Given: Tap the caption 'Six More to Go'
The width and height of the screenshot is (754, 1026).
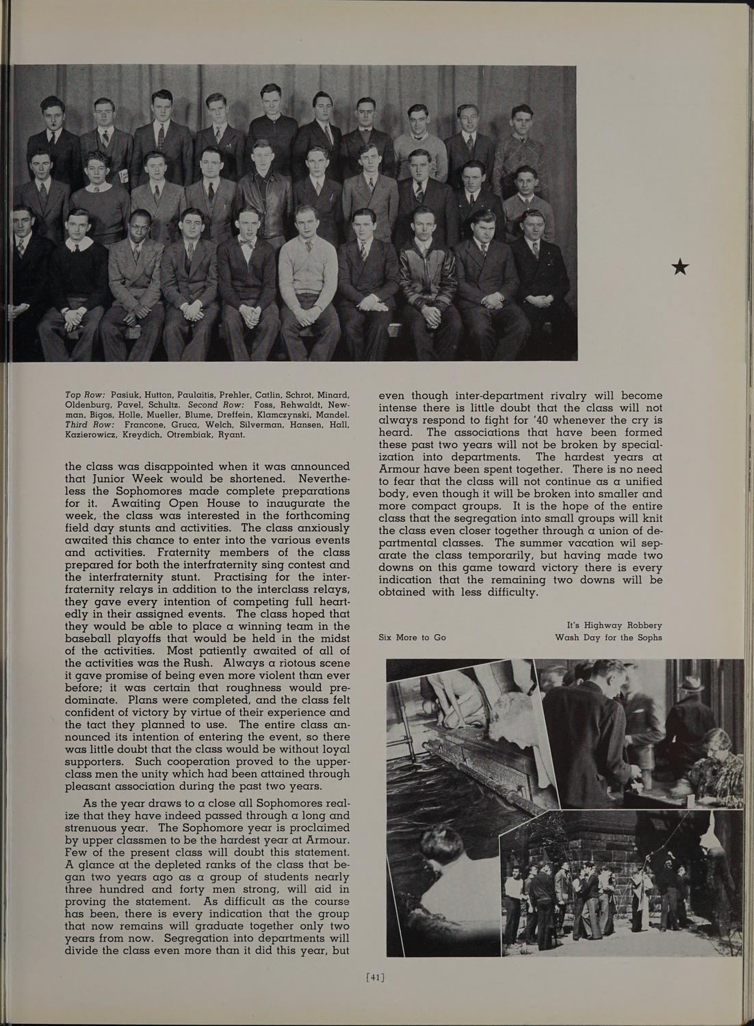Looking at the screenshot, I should pyautogui.click(x=413, y=637).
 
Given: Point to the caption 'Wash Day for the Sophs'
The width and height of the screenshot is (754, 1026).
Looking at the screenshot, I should pyautogui.click(x=608, y=637).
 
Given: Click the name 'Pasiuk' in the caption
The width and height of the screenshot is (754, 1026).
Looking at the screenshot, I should pyautogui.click(x=125, y=395).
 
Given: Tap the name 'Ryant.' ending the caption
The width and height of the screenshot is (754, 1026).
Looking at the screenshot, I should pyautogui.click(x=231, y=434).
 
